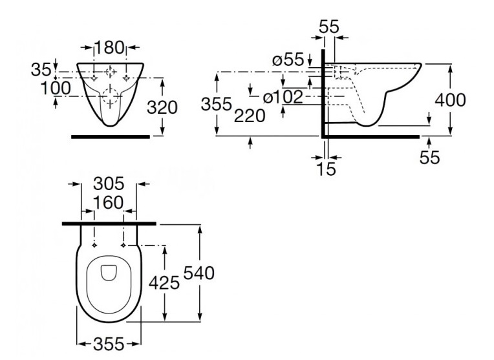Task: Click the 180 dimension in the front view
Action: (x=109, y=47)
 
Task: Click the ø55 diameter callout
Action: (x=288, y=61)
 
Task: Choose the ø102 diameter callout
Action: (x=283, y=98)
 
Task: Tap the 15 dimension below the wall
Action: (x=327, y=169)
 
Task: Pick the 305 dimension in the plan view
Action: (x=109, y=185)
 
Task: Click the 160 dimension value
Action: (x=108, y=203)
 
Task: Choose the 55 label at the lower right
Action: (x=429, y=157)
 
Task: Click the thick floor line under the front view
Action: (x=110, y=137)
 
